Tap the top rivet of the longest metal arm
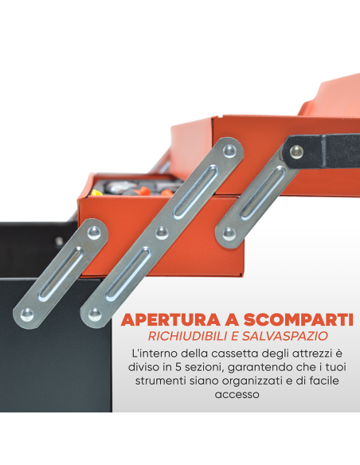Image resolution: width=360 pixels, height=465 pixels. (x=230, y=149)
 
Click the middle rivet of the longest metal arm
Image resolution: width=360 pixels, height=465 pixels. (x=162, y=232)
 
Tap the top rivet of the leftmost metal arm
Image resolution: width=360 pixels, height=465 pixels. (x=95, y=232)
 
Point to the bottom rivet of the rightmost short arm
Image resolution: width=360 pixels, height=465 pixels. (x=231, y=232)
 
